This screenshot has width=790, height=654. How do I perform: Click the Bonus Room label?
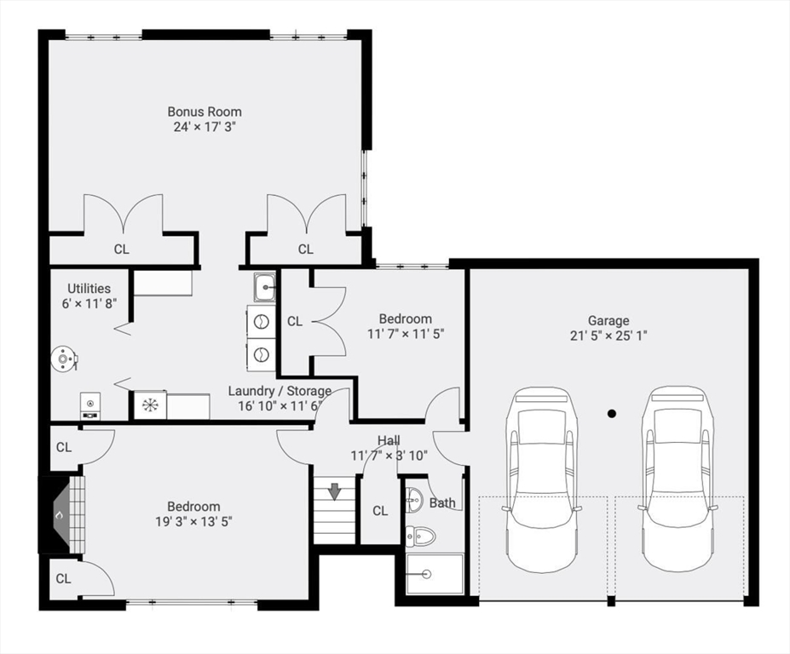point(205,112)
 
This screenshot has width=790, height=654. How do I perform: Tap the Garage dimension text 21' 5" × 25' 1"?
point(608,336)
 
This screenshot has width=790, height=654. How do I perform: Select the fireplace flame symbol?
point(59,515)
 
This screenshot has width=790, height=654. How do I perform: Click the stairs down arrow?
point(334,490)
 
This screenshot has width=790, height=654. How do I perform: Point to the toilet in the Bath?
point(421,536)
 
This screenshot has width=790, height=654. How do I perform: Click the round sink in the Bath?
point(415,500)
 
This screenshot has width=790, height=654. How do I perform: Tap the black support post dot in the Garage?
point(612,414)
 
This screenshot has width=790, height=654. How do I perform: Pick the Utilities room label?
point(89,289)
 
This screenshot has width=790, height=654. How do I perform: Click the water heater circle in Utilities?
point(63,359)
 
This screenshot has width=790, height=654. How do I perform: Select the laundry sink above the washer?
point(264,288)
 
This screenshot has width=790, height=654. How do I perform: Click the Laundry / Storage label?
point(280,391)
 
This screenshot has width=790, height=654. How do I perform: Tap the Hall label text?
point(389,441)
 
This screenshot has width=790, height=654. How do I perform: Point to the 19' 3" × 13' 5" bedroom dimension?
point(194,522)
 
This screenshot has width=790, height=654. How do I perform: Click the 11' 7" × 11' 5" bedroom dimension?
point(406,334)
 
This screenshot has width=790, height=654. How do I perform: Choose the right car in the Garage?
point(677,479)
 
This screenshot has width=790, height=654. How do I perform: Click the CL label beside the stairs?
point(380,511)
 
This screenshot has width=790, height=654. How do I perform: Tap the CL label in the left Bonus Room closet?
point(121,250)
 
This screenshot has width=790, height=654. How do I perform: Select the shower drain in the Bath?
point(427,573)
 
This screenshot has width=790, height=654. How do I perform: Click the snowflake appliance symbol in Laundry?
point(150,405)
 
